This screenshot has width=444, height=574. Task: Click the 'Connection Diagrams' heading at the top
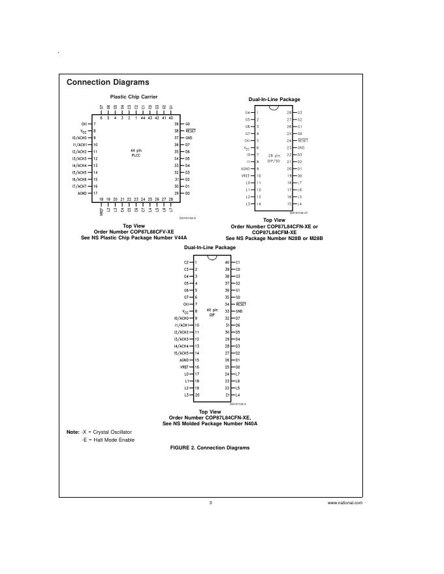pyautogui.click(x=108, y=82)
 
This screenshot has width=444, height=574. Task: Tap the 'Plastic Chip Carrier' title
pyautogui.click(x=133, y=97)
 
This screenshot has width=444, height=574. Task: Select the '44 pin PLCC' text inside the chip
pyautogui.click(x=136, y=153)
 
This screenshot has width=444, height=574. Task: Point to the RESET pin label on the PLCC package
pyautogui.click(x=191, y=130)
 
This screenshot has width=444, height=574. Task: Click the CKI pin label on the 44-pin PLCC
pyautogui.click(x=84, y=123)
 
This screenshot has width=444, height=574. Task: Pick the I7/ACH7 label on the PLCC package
pyautogui.click(x=79, y=186)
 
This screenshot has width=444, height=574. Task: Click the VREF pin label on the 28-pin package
pyautogui.click(x=246, y=175)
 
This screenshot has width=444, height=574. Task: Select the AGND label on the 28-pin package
pyautogui.click(x=246, y=168)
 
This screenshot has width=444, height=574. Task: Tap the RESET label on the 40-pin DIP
pyautogui.click(x=241, y=304)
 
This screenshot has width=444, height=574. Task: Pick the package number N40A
pyautogui.click(x=247, y=423)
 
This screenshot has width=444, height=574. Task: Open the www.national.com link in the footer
pyautogui.click(x=345, y=503)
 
